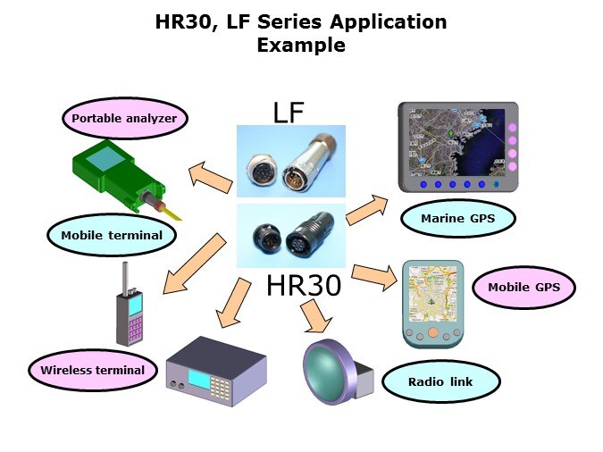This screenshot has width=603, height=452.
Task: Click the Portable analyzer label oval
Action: (124, 118)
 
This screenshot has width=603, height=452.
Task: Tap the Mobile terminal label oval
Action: (112, 235)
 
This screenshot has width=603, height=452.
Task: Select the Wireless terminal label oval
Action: (93, 370)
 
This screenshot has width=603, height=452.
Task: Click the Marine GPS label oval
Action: (457, 218)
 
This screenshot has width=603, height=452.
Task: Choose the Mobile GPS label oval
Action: (523, 287)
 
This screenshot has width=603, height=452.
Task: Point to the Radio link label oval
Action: (440, 381)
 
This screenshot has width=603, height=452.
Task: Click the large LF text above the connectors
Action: (289, 113)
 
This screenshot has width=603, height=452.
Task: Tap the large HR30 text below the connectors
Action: (304, 286)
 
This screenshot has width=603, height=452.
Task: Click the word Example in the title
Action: (301, 45)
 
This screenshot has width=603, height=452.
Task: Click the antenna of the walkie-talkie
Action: (125, 279)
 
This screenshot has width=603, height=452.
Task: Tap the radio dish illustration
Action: (338, 372)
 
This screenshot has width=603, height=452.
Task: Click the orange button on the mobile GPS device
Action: (433, 332)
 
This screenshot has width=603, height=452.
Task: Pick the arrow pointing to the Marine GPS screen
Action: (366, 210)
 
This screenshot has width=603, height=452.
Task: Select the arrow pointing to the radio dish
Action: (316, 315)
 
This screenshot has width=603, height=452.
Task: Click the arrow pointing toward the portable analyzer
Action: (210, 178)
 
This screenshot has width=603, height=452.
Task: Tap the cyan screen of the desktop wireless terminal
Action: (198, 379)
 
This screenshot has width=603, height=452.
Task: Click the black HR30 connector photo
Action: (291, 236)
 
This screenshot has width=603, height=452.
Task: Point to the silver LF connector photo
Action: (291, 161)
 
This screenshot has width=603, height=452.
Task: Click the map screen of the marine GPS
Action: (456, 142)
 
